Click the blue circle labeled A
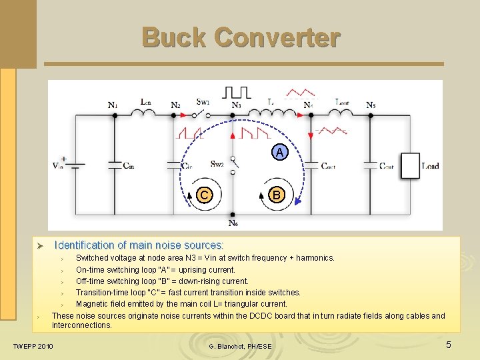280,153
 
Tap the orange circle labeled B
275,195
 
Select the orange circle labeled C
204,195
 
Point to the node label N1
113,105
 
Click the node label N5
371,105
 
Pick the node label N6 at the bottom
233,223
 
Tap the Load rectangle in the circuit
411,165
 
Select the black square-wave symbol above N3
237,91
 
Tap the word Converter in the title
279,37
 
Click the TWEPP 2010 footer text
33,346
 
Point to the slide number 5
449,345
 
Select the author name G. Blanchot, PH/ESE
240,347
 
